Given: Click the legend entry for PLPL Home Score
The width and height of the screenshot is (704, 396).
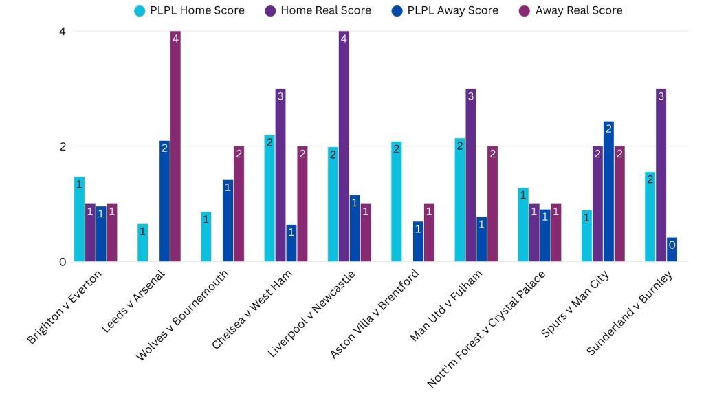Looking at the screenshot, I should click(189, 10).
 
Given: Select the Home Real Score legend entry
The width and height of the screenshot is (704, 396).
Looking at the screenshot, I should click(317, 10).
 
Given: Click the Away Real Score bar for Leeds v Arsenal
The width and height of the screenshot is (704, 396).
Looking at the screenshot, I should click(175, 146).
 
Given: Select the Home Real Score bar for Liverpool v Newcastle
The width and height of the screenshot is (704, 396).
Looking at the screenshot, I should click(344, 146).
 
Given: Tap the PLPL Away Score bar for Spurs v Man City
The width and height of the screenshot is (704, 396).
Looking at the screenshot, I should click(608, 192).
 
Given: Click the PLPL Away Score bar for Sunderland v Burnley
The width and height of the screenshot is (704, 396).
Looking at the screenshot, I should click(672, 250).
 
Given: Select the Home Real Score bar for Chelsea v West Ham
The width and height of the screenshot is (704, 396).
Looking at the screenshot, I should click(280, 175).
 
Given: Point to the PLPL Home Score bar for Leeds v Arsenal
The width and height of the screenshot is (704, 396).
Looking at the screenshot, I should click(142, 243).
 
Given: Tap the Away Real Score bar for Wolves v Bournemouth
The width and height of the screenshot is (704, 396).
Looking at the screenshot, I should click(239, 204).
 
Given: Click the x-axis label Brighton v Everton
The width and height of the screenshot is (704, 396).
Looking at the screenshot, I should click(65, 306).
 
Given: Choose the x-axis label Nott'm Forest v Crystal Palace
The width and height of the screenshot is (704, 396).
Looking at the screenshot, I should click(487, 329).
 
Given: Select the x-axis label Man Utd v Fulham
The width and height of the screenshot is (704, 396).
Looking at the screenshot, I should click(446, 305).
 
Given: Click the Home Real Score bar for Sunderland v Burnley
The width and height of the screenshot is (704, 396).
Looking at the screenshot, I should click(661, 175).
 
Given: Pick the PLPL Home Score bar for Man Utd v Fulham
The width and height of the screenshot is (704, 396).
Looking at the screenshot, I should click(460, 200).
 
